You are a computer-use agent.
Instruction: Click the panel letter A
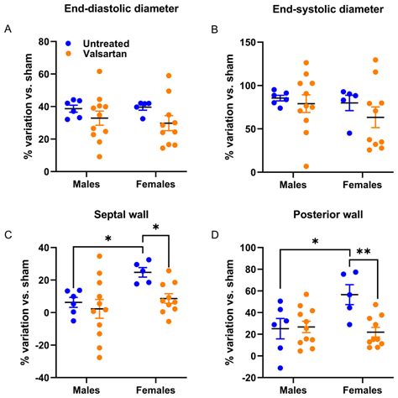pos(8,30)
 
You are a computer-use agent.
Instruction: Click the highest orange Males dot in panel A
pos(99,71)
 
